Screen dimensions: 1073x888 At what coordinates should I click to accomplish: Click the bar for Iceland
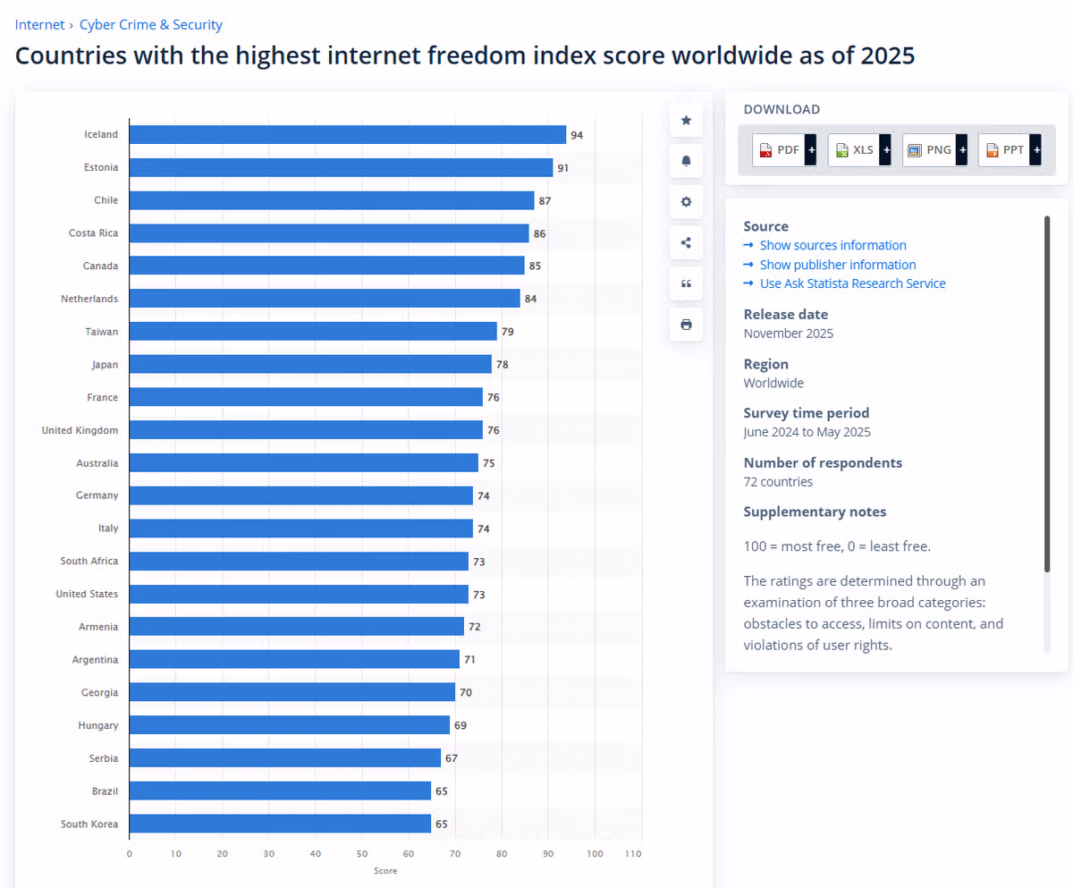348,135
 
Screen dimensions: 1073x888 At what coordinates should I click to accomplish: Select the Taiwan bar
313,332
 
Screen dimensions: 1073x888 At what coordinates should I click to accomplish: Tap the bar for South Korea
280,824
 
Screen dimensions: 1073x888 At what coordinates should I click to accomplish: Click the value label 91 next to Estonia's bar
562,168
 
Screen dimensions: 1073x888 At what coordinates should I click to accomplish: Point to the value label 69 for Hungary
460,725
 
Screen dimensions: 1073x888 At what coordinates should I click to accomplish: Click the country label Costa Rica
93,233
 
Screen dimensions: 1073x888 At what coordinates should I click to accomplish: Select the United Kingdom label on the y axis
80,430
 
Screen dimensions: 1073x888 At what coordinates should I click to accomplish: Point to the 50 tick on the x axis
362,853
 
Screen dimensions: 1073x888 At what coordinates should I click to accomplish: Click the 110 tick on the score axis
632,853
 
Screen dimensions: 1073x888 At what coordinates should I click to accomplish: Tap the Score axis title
385,870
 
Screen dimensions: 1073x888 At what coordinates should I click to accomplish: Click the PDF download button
784,150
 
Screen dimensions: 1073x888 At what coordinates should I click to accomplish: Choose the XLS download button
859,150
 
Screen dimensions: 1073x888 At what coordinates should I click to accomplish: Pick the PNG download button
934,150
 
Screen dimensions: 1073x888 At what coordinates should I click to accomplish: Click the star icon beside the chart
686,120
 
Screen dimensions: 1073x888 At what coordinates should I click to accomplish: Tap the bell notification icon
686,161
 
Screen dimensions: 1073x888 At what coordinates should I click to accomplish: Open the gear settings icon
686,202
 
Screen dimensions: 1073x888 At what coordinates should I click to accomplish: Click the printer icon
686,325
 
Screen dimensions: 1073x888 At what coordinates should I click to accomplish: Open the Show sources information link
833,245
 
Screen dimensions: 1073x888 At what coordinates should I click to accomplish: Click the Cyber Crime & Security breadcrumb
150,25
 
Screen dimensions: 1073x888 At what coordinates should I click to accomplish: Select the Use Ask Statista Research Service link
852,283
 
